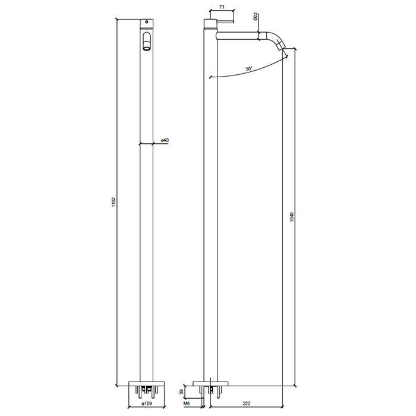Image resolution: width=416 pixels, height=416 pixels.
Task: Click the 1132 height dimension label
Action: (x=114, y=202)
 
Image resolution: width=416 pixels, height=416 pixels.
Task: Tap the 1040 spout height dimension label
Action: (x=292, y=217)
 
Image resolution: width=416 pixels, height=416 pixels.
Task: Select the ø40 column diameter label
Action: (x=165, y=140)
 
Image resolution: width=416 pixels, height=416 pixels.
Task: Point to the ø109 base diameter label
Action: (x=147, y=404)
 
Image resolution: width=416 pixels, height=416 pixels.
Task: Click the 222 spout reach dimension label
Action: (x=246, y=404)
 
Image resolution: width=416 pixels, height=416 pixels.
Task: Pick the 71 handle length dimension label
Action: (x=222, y=7)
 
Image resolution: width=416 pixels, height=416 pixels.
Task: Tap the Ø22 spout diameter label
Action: (x=255, y=17)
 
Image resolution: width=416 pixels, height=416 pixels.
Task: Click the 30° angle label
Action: (x=249, y=69)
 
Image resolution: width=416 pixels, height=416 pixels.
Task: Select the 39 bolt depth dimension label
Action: (x=181, y=392)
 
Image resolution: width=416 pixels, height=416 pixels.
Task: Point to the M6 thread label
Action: (x=187, y=404)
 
